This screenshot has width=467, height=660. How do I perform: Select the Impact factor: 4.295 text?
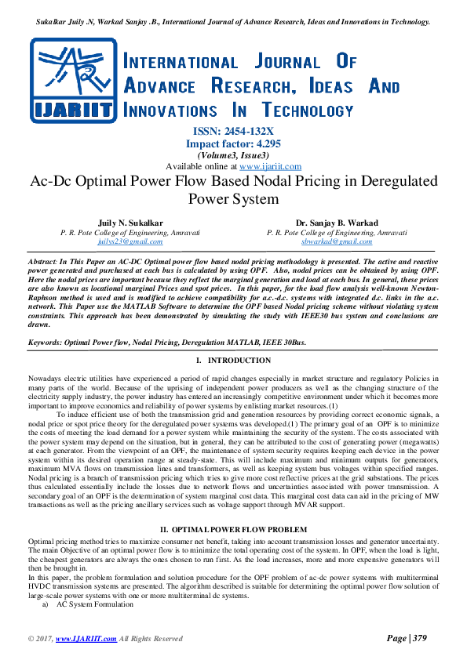pos(233,144)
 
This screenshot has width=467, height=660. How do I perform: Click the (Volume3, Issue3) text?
pos(233,155)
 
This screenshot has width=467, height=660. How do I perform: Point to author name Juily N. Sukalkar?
pos(130,223)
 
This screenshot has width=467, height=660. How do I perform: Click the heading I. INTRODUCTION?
pos(233,361)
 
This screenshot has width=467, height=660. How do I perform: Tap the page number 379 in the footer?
pos(418,638)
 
